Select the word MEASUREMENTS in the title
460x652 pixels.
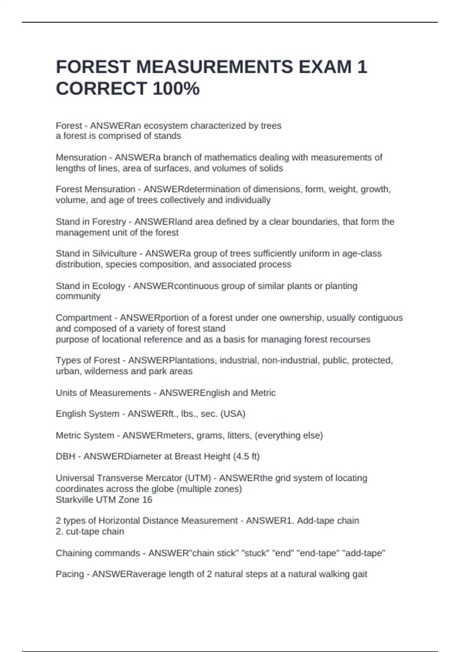tap(214, 67)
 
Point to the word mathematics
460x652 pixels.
tap(227, 157)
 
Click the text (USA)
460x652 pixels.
tap(233, 414)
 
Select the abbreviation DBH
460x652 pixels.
tap(66, 456)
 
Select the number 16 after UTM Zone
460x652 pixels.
tap(147, 500)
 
